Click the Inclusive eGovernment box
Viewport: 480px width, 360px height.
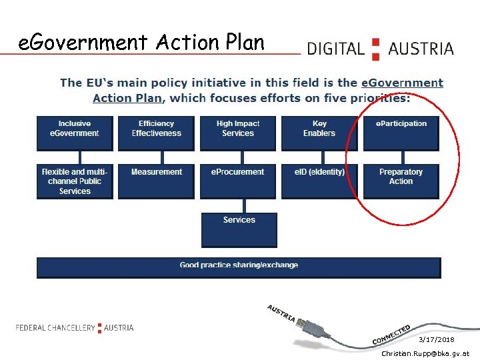(75, 133)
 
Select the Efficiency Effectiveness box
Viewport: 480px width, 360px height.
(156, 133)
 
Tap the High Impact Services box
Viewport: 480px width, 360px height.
(238, 133)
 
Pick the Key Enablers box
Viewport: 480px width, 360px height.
(319, 133)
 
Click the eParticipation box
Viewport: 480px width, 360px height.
(401, 133)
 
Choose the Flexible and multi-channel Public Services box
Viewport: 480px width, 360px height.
(75, 181)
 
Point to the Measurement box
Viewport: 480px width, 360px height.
(156, 181)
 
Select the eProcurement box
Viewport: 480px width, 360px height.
(238, 181)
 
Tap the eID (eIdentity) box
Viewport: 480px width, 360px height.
(319, 181)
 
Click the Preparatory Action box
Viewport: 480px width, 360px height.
(401, 181)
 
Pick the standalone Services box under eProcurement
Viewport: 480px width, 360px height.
(239, 229)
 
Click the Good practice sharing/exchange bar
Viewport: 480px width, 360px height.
(239, 267)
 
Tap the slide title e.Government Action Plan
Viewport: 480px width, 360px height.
(141, 43)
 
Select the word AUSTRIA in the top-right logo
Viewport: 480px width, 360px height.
(421, 49)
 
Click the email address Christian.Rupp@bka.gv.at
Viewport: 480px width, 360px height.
(425, 353)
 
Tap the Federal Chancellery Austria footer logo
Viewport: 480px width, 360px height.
(75, 327)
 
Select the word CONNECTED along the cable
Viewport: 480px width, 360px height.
(391, 335)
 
